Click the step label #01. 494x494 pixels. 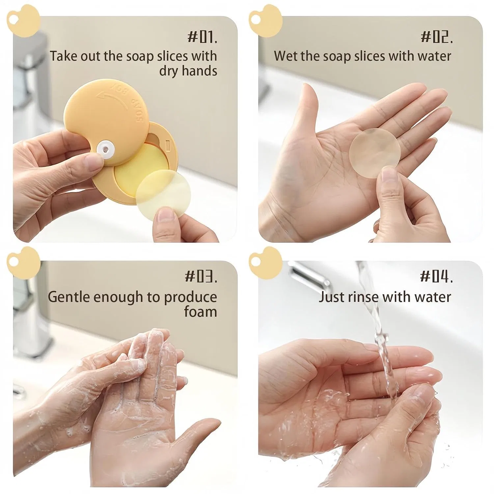pyautogui.click(x=202, y=37)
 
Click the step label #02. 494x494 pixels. pyautogui.click(x=437, y=37)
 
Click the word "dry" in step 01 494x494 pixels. pyautogui.click(x=169, y=71)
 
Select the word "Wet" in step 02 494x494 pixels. pyautogui.click(x=285, y=56)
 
